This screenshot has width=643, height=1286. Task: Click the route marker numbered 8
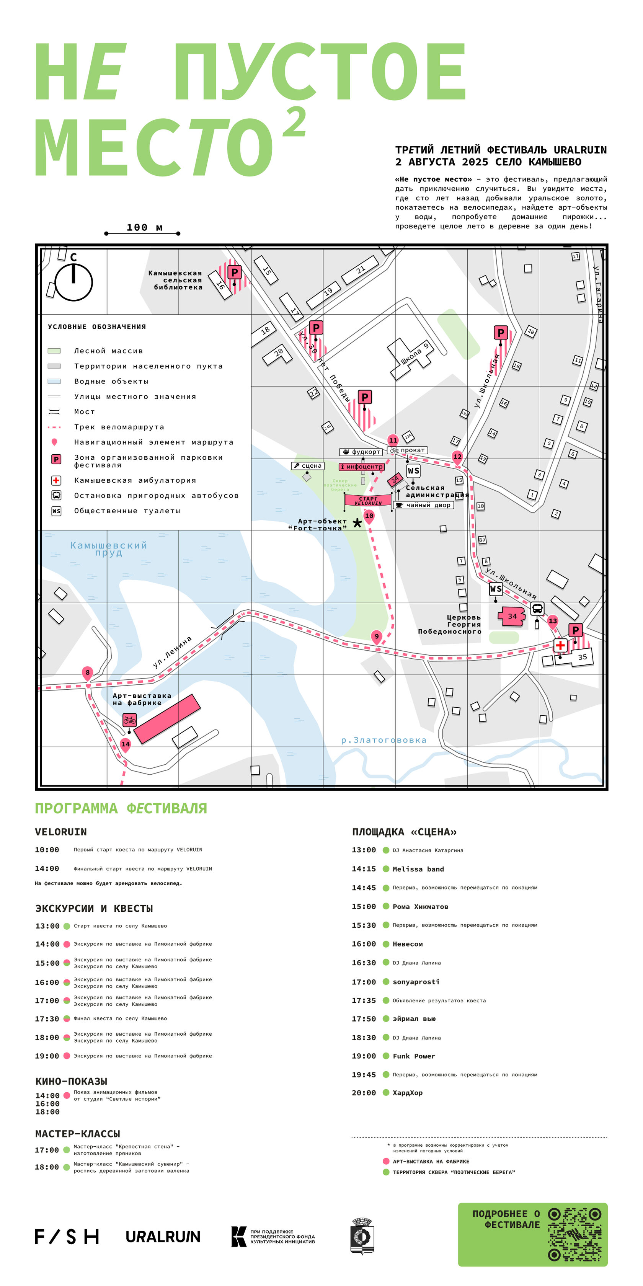point(87,672)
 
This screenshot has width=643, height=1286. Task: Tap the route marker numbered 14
point(125,744)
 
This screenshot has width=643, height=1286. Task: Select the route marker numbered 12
point(457,456)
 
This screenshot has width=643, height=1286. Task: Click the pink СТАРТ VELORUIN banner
point(368,500)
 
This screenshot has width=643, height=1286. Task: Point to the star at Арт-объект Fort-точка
point(357,523)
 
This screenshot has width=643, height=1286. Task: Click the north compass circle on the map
point(73,282)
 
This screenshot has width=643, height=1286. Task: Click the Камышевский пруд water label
point(109,548)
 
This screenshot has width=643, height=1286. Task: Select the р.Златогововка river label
point(384,740)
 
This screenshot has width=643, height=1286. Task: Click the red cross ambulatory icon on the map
point(560,645)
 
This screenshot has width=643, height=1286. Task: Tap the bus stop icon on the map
point(537,609)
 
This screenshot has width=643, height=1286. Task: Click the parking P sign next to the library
point(234,273)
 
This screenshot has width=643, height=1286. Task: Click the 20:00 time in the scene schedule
point(364,1093)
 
